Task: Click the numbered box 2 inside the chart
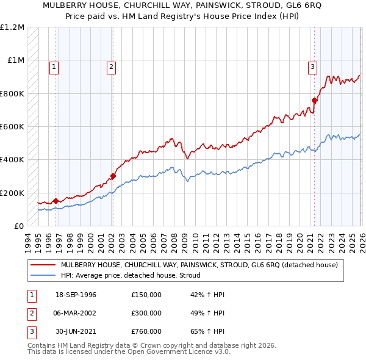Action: click(x=112, y=68)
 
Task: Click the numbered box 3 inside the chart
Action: click(x=312, y=68)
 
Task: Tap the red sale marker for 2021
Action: click(x=314, y=100)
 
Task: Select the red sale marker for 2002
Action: click(x=113, y=176)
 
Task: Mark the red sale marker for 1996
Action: click(x=56, y=201)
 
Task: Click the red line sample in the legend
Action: click(x=43, y=265)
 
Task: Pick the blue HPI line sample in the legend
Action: click(x=43, y=275)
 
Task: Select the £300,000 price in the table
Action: click(x=146, y=313)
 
